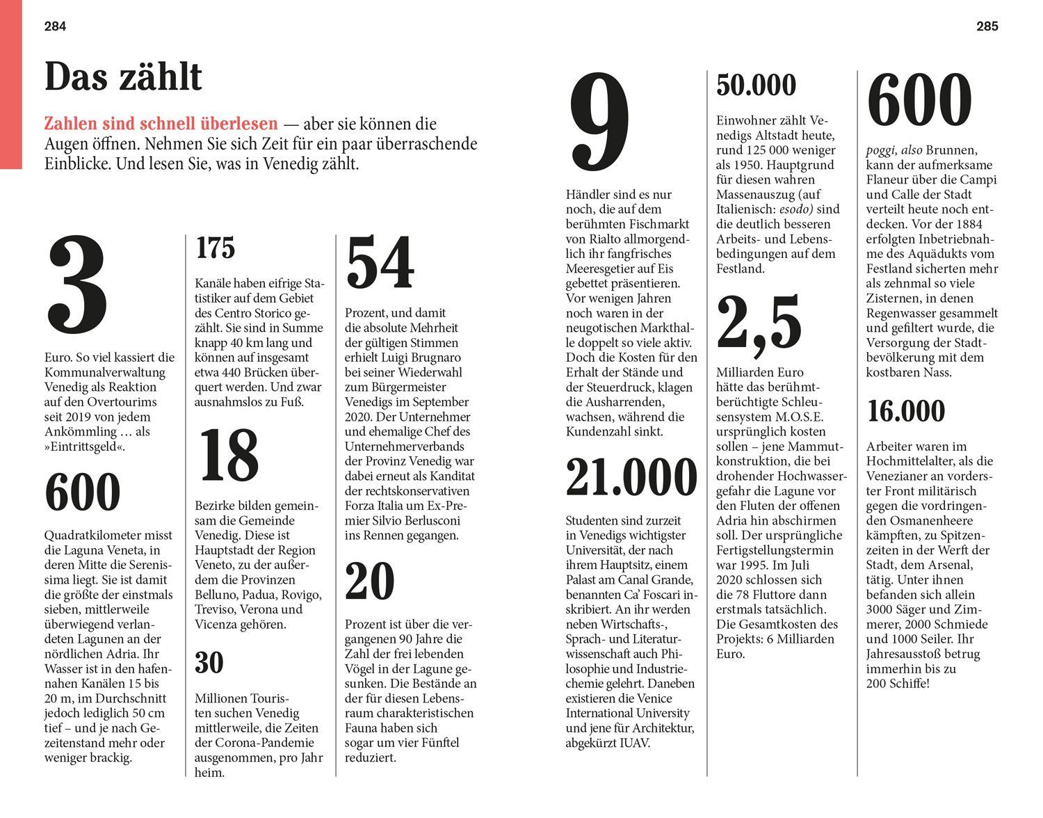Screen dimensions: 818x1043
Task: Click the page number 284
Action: [x=55, y=26]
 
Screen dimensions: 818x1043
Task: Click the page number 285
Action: [x=987, y=26]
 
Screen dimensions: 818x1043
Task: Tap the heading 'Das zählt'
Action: [x=123, y=77]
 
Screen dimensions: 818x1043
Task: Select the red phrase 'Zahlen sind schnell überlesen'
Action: [x=161, y=125]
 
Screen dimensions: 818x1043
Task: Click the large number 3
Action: [x=78, y=285]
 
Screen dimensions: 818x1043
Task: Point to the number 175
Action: [x=216, y=248]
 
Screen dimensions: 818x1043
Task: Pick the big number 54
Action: [x=380, y=263]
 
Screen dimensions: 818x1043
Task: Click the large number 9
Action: [x=599, y=125]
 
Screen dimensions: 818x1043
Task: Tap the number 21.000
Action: [x=631, y=477]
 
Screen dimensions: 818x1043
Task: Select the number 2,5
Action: [x=759, y=323]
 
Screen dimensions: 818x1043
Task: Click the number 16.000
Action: [x=906, y=411]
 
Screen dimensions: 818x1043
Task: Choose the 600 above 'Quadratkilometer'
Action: [x=83, y=492]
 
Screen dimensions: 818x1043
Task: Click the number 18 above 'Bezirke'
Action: [x=229, y=456]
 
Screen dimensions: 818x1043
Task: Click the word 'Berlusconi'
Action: [x=428, y=520]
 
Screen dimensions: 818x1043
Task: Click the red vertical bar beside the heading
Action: [x=11, y=84]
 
